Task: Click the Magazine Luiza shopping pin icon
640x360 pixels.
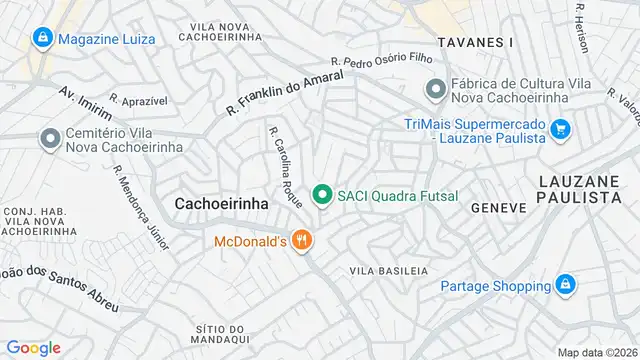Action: coord(42,39)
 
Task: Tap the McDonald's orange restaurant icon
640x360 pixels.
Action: coord(303,241)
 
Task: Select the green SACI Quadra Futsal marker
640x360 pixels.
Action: coord(322,194)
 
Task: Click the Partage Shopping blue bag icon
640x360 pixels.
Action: coord(565,286)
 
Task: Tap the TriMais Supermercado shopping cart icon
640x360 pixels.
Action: coord(560,128)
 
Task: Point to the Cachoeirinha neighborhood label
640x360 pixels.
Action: coord(221,203)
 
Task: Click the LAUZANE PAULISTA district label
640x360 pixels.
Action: coord(586,189)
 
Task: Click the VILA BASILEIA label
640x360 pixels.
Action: coord(388,271)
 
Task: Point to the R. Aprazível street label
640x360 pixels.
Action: coord(137,100)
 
